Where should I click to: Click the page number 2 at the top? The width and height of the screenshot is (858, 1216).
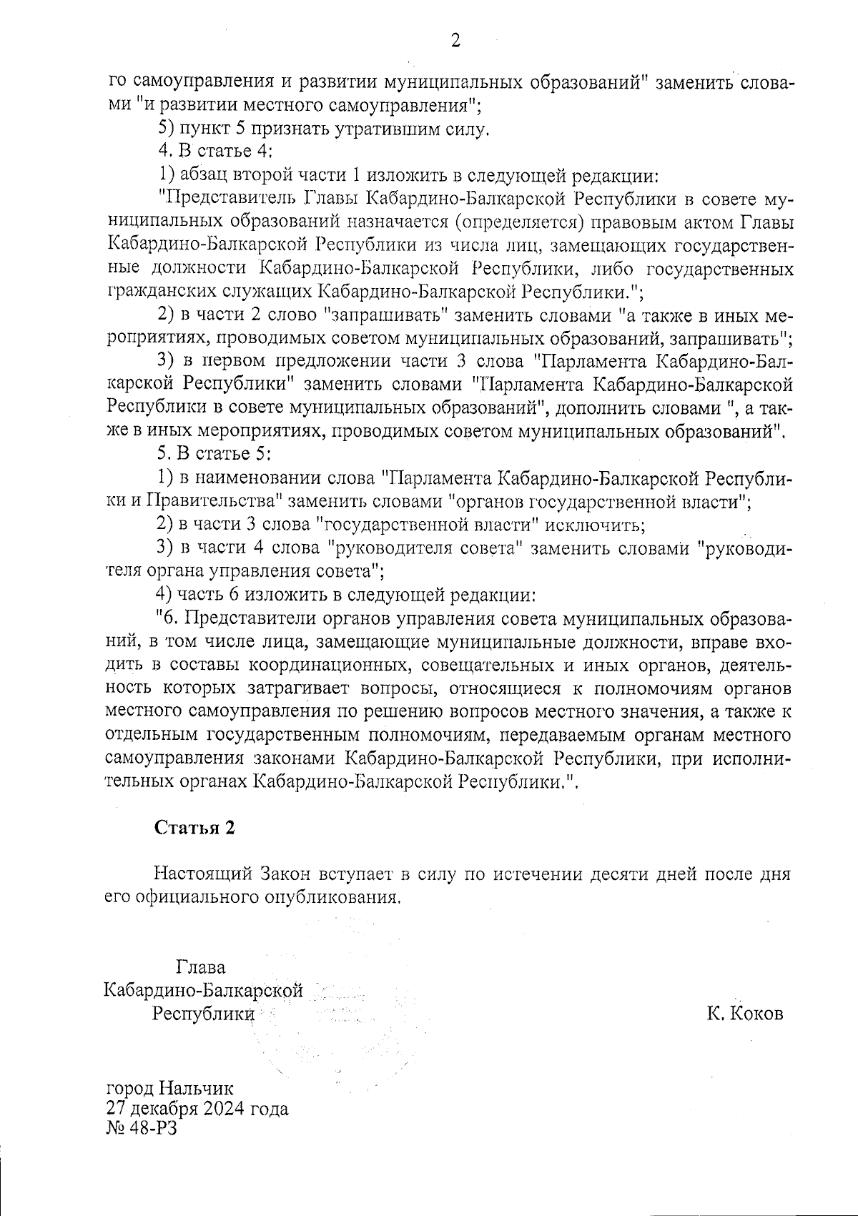pos(455,41)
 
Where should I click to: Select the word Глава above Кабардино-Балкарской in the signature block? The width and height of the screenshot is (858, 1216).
pos(200,968)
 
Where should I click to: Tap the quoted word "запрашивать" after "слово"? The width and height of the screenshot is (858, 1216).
pos(385,315)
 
